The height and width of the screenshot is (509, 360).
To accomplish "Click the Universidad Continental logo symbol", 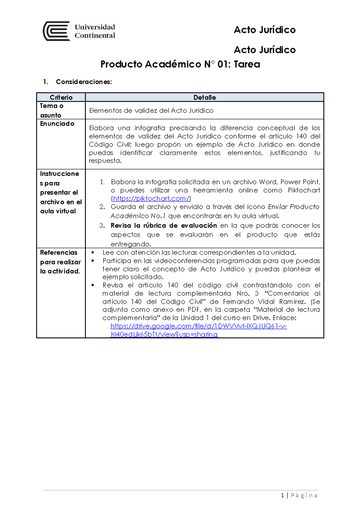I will click(56, 31).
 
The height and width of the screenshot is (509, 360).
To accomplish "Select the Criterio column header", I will click(61, 97).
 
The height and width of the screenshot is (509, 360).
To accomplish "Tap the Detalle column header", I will click(204, 97).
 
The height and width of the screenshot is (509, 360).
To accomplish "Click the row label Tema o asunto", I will click(51, 110).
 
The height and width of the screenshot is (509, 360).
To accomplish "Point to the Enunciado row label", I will click(57, 124).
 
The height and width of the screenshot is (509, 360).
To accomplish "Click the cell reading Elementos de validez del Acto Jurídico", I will click(151, 111).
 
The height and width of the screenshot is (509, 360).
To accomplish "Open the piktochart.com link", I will click(151, 198).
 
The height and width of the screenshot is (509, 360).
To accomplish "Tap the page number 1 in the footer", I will click(282, 496).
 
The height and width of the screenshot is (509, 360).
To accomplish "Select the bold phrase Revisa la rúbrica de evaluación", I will click(163, 225).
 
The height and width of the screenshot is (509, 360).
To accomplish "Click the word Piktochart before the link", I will click(304, 190).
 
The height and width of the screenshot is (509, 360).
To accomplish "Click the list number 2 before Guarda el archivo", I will click(102, 207).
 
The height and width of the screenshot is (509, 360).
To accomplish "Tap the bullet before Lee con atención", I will click(93, 253).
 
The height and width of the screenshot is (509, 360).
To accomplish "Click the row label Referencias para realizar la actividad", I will click(60, 262).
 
